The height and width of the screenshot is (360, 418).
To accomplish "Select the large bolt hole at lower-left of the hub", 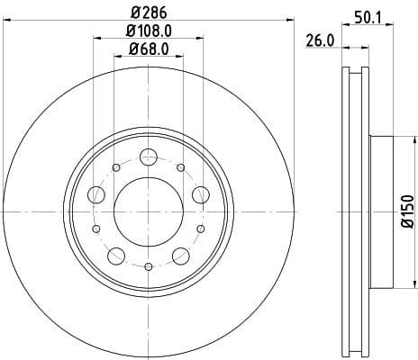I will [115, 256].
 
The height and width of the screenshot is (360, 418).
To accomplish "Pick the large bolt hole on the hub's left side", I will [95, 194].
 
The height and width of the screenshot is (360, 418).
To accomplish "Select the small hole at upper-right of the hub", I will [180, 167].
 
